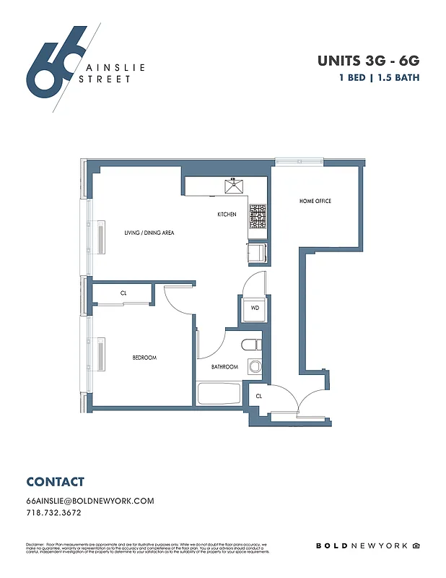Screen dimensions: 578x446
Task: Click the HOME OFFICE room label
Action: point(315,201)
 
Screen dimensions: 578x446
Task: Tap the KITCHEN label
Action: point(227,215)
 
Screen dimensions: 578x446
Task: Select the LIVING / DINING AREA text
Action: point(149,233)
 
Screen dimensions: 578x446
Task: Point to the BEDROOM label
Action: point(144,358)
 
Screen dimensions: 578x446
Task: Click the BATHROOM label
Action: point(224,367)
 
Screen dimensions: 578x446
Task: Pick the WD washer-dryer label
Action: point(255,308)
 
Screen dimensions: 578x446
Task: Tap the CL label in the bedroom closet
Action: point(123,293)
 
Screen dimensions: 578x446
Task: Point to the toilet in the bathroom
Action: point(253,345)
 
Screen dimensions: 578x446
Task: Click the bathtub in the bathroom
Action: point(219,394)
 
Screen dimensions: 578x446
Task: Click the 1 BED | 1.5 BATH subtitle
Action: point(378,77)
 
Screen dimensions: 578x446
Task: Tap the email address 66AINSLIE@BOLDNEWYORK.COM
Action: point(90,501)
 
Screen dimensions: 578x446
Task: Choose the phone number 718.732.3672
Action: point(53,513)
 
